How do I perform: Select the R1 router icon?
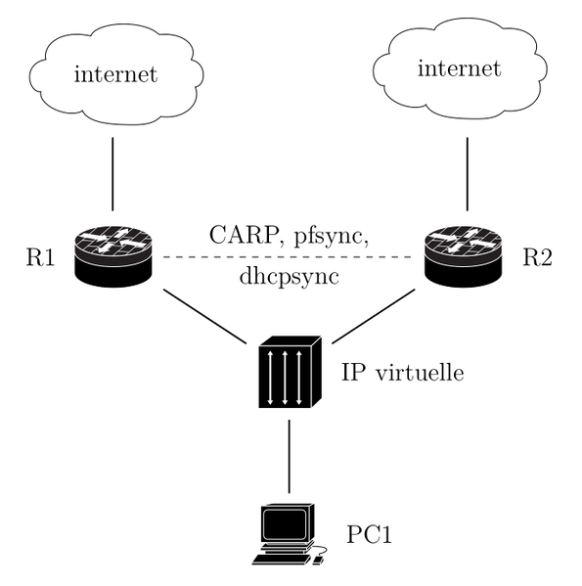pos(113,256)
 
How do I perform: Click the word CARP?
pos(242,236)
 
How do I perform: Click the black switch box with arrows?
pos(290,374)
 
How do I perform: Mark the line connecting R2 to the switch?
pos(376,316)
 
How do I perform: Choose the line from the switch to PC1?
pos(290,455)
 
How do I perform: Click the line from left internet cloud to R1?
pos(113,174)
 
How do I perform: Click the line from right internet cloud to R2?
pos(466,174)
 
